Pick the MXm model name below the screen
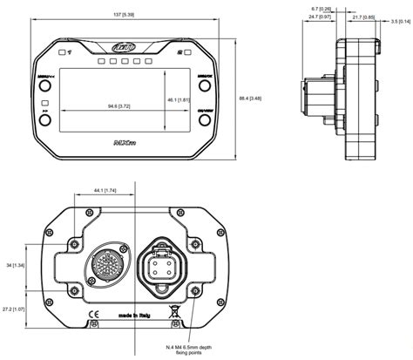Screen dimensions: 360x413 pos(123,138)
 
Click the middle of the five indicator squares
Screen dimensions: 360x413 pos(124,64)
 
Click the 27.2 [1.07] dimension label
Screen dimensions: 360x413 pos(16,309)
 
